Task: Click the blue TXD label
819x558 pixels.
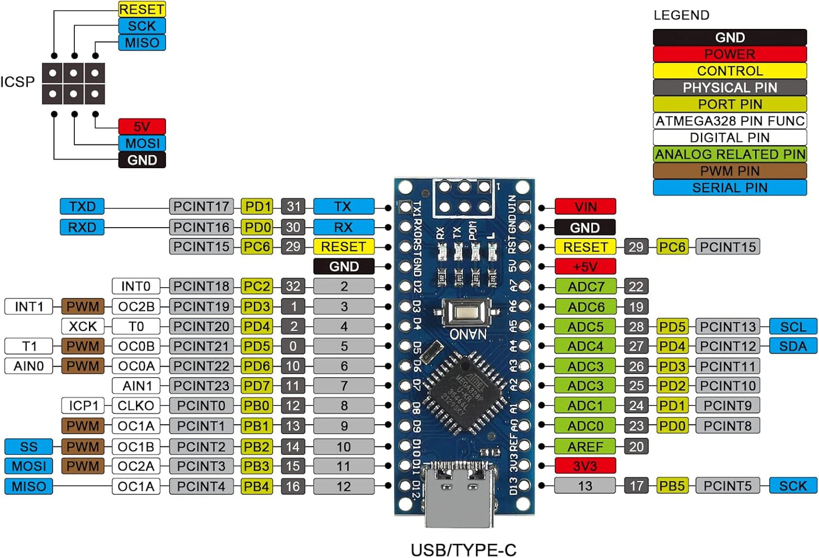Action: pos(82,206)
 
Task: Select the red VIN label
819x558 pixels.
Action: pos(585,207)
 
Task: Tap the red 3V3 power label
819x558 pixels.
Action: pos(585,466)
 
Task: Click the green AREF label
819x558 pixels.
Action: pos(585,446)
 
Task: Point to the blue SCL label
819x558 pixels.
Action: pos(792,327)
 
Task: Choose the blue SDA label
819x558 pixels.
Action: pos(792,346)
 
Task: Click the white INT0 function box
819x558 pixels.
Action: pos(136,286)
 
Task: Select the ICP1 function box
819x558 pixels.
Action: pos(83,406)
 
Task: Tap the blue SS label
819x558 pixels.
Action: pos(28,446)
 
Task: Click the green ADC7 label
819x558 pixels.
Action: pos(585,287)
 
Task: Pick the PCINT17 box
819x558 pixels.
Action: pos(201,206)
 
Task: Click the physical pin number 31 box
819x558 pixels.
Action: pos(293,206)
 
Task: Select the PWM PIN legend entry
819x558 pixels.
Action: pos(729,171)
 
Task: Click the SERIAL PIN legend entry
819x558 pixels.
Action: pos(729,188)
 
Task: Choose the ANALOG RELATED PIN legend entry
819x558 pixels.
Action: pos(729,154)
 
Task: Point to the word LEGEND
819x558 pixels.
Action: pos(681,15)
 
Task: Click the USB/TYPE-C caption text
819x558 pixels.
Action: pos(464,550)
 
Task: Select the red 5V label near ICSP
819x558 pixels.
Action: pos(142,126)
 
